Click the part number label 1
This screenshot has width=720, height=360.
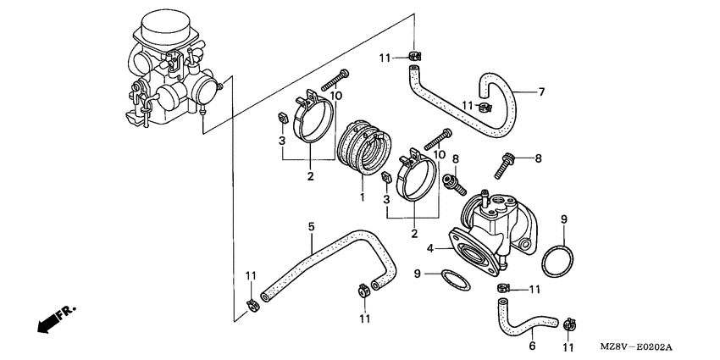[362, 197]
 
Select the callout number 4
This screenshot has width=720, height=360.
[430, 249]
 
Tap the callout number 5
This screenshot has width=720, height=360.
[311, 226]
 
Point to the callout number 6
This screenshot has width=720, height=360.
[532, 346]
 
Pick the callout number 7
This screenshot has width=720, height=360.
[541, 91]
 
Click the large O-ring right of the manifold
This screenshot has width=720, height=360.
[555, 260]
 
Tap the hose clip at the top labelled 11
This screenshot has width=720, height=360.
[413, 58]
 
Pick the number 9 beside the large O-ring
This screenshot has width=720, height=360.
[563, 220]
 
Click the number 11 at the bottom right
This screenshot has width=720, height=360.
[568, 347]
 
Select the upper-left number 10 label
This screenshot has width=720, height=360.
[336, 96]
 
